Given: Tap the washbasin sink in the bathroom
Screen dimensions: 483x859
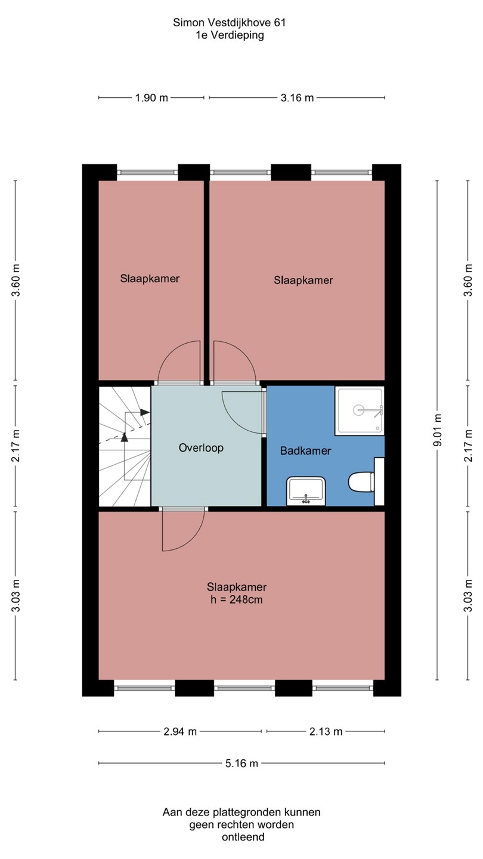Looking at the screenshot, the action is pyautogui.click(x=306, y=491).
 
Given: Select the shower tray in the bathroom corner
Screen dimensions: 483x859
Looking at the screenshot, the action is pyautogui.click(x=360, y=410).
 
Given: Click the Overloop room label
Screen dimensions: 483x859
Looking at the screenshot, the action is pyautogui.click(x=201, y=447).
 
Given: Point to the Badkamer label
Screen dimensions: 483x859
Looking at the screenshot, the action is pyautogui.click(x=305, y=450).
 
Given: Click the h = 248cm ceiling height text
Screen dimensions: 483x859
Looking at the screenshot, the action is pyautogui.click(x=237, y=600).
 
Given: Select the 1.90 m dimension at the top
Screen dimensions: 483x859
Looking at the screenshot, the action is pyautogui.click(x=151, y=98).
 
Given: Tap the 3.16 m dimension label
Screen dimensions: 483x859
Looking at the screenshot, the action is pyautogui.click(x=297, y=98).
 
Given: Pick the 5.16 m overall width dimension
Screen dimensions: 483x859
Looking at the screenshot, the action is pyautogui.click(x=241, y=763).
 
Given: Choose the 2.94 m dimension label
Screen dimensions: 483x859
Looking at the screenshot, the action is pyautogui.click(x=180, y=731).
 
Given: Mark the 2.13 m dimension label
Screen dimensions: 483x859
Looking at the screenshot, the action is pyautogui.click(x=326, y=731).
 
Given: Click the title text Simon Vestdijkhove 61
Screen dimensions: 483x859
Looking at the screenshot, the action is pyautogui.click(x=229, y=23).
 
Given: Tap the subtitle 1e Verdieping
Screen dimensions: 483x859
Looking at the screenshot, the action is pyautogui.click(x=230, y=35).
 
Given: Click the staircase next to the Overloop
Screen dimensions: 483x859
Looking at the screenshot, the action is pyautogui.click(x=125, y=446).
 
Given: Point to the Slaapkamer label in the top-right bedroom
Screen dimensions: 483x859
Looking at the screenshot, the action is pyautogui.click(x=303, y=280).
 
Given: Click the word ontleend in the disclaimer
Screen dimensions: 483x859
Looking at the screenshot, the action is pyautogui.click(x=243, y=837).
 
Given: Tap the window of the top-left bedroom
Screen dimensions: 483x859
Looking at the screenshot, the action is pyautogui.click(x=148, y=172).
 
